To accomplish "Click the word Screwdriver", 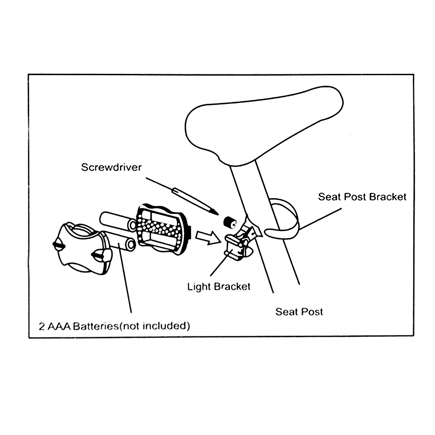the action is (111, 167).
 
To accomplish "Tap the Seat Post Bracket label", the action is (362, 197).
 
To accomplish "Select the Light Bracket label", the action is (219, 286).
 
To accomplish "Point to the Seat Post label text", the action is (299, 312).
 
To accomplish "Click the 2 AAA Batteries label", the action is (114, 326).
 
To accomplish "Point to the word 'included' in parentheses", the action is (167, 326).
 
